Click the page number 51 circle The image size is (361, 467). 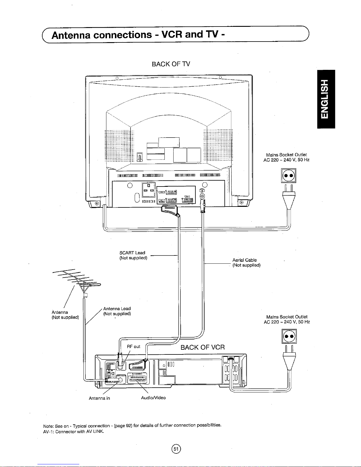tap(176, 449)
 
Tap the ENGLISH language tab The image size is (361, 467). tap(326, 99)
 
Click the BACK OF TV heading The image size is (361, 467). tap(171, 64)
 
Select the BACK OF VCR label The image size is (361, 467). tap(202, 347)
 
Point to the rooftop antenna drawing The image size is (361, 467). tap(78, 280)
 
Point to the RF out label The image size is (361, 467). tap(133, 346)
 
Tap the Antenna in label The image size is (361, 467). tap(99, 398)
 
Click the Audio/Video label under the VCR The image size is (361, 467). tap(153, 398)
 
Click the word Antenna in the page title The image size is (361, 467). tap(71, 35)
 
